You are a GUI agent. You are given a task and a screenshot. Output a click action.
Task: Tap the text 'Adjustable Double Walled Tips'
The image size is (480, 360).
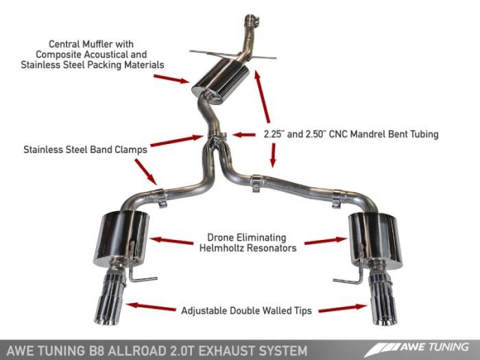pos(246,311)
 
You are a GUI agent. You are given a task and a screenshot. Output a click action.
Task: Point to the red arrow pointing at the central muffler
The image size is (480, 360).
pos(171,80)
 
